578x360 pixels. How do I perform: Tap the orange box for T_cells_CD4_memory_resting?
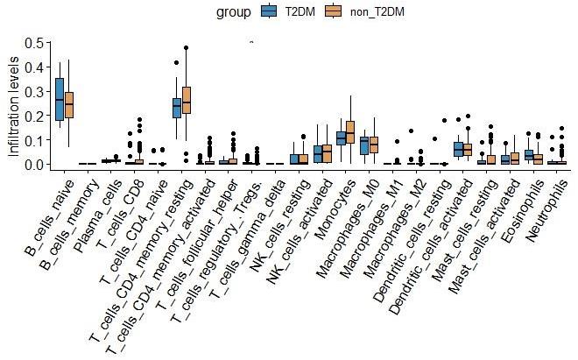pyautogui.click(x=186, y=101)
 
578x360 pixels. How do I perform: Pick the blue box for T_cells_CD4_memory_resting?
pyautogui.click(x=176, y=107)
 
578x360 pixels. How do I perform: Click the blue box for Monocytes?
pyautogui.click(x=342, y=137)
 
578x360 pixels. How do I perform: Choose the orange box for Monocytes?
pyautogui.click(x=351, y=132)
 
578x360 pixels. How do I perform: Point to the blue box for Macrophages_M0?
pyautogui.click(x=364, y=145)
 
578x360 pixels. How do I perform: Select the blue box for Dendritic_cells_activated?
pyautogui.click(x=458, y=149)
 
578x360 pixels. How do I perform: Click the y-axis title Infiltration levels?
pyautogui.click(x=12, y=104)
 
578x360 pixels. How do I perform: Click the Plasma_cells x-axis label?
pyautogui.click(x=98, y=202)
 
